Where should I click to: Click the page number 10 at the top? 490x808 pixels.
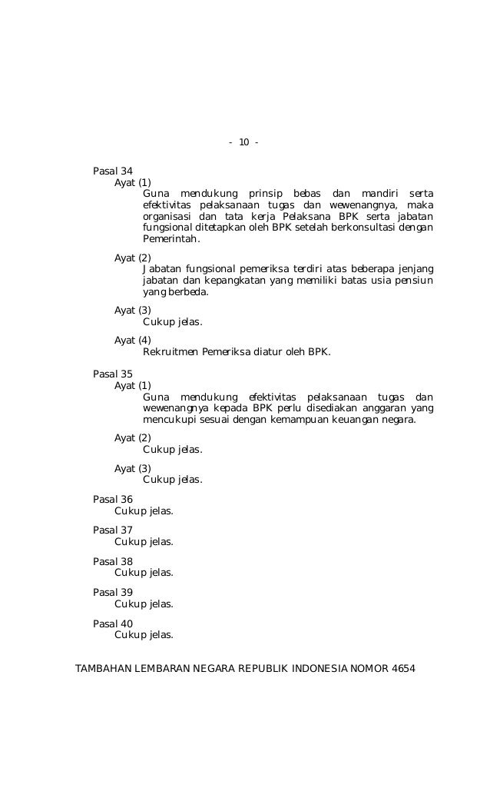point(244,143)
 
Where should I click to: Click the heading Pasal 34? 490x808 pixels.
point(113,171)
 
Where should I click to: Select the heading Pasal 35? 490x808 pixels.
point(113,374)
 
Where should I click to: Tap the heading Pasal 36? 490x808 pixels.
point(113,499)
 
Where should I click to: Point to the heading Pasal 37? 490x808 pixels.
point(113,530)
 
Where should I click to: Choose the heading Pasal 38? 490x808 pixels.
point(113,561)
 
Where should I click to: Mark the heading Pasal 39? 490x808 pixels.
point(113,592)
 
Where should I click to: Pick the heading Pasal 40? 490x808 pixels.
point(113,623)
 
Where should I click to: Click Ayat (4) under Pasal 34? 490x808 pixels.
point(133,340)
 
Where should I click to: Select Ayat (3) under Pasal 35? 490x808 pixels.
point(133,468)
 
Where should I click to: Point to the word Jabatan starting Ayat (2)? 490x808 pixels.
point(163,269)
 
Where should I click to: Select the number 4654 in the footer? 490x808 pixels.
point(402,668)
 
